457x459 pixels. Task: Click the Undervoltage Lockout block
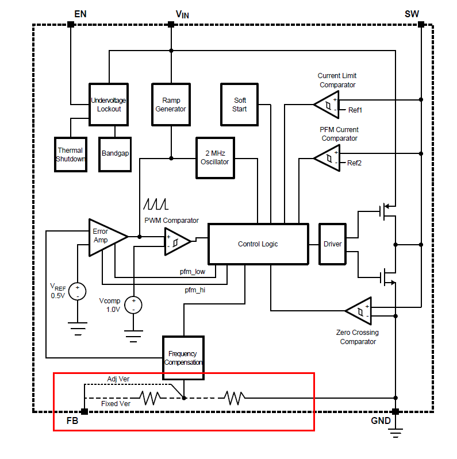(109, 104)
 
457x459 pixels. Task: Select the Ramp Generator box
(171, 104)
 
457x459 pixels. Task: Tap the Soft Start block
(240, 104)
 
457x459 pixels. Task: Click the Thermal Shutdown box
(70, 154)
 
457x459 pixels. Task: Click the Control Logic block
(258, 244)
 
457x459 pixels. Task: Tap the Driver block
(333, 244)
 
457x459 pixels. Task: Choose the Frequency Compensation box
(183, 358)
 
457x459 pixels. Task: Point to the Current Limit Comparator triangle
(327, 105)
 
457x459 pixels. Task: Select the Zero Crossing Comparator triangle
(359, 311)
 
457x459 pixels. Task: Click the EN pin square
(71, 24)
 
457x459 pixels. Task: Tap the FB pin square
(85, 411)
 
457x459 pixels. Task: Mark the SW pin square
(421, 24)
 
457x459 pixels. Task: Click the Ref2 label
(354, 163)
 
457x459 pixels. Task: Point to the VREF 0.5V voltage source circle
(76, 291)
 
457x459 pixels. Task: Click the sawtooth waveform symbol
(155, 204)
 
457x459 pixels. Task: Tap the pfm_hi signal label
(195, 290)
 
